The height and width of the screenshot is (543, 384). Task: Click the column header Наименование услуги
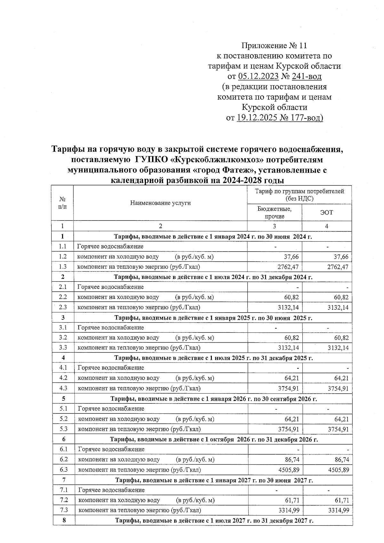pyautogui.click(x=160, y=203)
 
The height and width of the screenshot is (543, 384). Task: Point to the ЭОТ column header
pyautogui.click(x=326, y=212)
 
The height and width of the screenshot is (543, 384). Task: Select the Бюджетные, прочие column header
pyautogui.click(x=274, y=212)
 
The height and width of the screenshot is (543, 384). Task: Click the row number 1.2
pyautogui.click(x=62, y=257)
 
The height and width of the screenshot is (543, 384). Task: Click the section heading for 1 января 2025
pyautogui.click(x=213, y=318)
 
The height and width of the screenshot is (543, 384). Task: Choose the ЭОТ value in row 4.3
pyautogui.click(x=338, y=389)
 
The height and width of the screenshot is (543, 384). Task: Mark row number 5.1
pyautogui.click(x=63, y=409)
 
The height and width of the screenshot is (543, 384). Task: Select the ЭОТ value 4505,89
pyautogui.click(x=338, y=470)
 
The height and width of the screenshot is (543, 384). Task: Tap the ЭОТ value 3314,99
pyautogui.click(x=339, y=511)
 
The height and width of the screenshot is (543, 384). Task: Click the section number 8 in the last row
pyautogui.click(x=64, y=520)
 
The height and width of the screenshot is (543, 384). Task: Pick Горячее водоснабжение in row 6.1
pyautogui.click(x=111, y=449)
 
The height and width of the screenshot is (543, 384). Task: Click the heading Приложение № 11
pyautogui.click(x=274, y=46)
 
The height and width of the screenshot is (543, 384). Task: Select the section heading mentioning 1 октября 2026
pyautogui.click(x=214, y=439)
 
